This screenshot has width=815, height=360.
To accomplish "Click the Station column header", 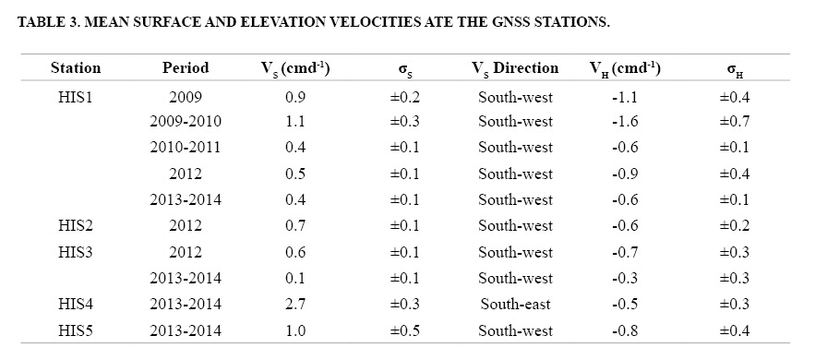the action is pos(76,68).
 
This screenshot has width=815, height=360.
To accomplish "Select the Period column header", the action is pos(186,68).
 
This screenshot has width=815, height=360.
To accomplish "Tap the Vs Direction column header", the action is pos(515,68).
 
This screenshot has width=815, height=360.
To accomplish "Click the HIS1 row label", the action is pos(76,97).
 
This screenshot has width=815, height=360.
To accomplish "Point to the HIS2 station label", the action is pos(76,226).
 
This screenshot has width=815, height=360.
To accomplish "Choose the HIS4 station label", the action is pos(76,304).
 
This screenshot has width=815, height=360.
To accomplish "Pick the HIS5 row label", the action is pos(76,330).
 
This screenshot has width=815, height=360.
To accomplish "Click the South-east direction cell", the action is pos(515,304).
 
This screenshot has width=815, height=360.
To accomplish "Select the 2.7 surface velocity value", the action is pos(294,304).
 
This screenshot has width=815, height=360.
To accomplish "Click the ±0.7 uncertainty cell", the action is pos(735,122).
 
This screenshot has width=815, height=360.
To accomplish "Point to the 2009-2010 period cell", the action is pos(186,122).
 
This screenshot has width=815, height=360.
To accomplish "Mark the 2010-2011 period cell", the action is pos(186,148).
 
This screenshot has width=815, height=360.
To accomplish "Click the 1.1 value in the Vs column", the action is pos(294,122).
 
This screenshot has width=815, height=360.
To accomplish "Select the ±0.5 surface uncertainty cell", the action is pos(404,330).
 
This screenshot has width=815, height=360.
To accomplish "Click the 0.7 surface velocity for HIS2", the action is pos(294,226).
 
